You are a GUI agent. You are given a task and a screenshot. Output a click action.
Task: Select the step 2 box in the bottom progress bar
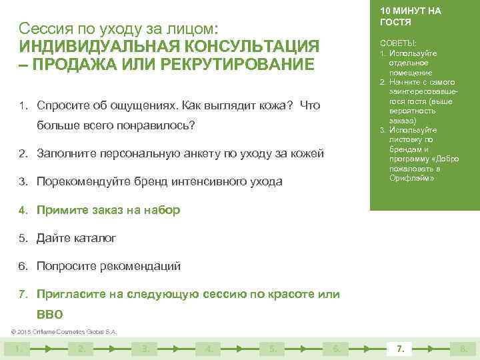click(81, 348)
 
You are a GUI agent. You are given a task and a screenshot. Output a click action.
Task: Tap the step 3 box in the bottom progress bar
click(144, 348)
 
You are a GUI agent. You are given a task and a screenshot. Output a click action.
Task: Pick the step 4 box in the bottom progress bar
click(209, 348)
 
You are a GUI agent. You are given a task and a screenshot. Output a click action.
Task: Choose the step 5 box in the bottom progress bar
click(272, 348)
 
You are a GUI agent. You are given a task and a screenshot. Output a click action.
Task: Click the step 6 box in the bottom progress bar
click(336, 348)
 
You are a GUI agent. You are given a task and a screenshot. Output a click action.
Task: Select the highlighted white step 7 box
click(400, 348)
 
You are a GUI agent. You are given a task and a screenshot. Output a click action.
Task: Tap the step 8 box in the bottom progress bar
click(463, 348)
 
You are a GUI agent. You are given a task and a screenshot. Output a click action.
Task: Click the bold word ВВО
click(50, 314)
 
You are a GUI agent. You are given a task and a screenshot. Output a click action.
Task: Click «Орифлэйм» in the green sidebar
click(412, 178)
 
